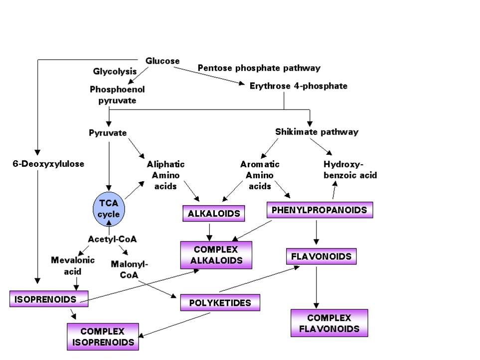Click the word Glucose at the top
coord(162,61)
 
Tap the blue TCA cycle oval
coord(109,209)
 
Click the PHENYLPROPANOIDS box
coord(319,210)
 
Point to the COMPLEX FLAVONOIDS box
coord(329,323)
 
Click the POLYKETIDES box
coord(220,302)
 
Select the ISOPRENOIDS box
coord(48,299)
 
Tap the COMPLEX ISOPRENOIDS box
coord(103,337)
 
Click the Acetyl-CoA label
coord(112,239)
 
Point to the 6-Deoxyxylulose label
coord(49,163)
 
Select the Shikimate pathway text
coord(317,132)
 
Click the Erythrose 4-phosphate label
coord(298,86)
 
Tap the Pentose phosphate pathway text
coord(259,68)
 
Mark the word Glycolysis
coord(115,72)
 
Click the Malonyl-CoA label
coord(130,269)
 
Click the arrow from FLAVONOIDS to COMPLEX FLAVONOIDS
coord(316,286)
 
